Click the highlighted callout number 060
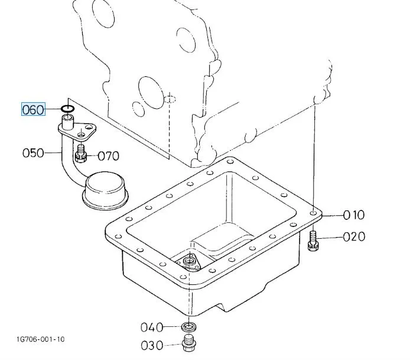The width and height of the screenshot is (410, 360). pos(33,109)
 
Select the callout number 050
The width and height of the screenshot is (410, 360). pos(33,153)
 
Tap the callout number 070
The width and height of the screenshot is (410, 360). pos(108,156)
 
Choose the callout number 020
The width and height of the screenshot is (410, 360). pos(354,237)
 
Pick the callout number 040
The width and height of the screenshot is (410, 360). pos(152,327)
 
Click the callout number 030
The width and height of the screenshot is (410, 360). pos(152,345)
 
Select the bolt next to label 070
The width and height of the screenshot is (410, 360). pos(82,154)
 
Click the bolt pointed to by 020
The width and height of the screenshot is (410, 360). pos(313,239)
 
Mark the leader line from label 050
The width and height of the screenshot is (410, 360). pos(53,153)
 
